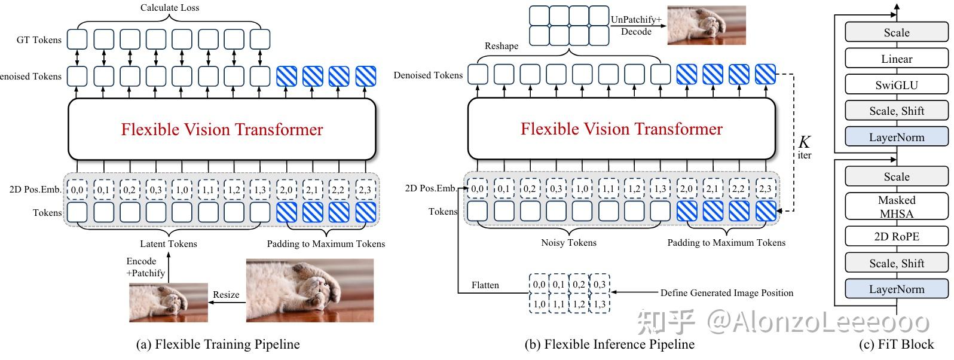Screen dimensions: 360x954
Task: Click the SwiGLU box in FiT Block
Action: coord(896,85)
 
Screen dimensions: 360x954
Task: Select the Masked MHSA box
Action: coord(896,206)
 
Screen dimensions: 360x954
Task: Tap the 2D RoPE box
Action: coord(896,236)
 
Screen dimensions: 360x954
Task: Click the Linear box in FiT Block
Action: coord(896,59)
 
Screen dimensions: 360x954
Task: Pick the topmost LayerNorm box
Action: coord(896,137)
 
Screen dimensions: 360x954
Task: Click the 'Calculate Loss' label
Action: coord(170,8)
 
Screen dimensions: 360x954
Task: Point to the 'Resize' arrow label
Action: coord(226,294)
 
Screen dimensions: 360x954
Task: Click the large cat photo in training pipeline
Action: coord(310,290)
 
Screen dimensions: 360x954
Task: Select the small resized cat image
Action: coord(169,303)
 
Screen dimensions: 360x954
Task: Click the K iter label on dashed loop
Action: coord(805,147)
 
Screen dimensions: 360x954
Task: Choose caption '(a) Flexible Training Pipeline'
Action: coord(218,344)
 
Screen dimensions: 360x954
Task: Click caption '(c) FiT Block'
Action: coord(895,344)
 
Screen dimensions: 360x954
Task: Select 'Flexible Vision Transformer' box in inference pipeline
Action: coord(621,129)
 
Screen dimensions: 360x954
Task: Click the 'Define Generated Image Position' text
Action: coord(726,293)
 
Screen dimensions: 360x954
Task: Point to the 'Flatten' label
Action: coord(485,285)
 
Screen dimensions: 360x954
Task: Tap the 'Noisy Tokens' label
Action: coord(568,242)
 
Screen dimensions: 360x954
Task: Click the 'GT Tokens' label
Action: coord(39,40)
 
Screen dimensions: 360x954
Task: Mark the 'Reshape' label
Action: coord(501,46)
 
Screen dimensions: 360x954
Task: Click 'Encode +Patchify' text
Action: coord(145,267)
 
